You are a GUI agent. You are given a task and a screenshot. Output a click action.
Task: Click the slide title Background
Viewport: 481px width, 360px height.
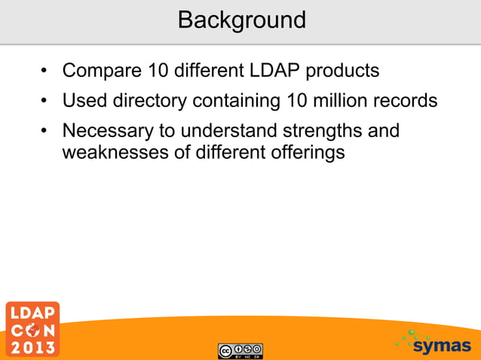pyautogui.click(x=241, y=20)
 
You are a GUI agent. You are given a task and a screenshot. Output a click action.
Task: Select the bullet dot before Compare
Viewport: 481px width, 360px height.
pyautogui.click(x=46, y=73)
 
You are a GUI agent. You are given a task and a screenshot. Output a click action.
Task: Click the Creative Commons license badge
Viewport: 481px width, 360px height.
pyautogui.click(x=240, y=350)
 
